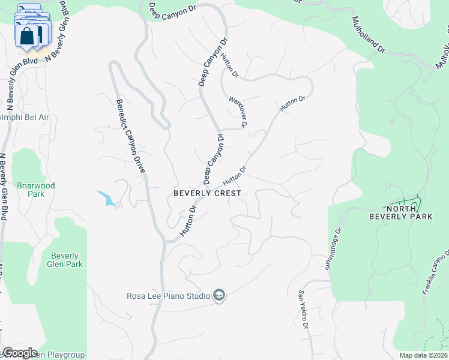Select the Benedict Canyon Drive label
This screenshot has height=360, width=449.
(131, 136)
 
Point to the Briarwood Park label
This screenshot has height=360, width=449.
(36, 190)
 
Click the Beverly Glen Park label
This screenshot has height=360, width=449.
(66, 260)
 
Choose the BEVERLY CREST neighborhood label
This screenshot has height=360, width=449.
(207, 193)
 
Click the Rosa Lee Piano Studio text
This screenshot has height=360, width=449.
(167, 295)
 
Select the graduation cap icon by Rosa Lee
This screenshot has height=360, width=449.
(220, 295)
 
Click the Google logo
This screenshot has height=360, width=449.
(20, 353)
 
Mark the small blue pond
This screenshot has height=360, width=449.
(107, 198)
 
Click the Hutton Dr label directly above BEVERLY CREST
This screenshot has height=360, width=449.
(235, 176)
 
